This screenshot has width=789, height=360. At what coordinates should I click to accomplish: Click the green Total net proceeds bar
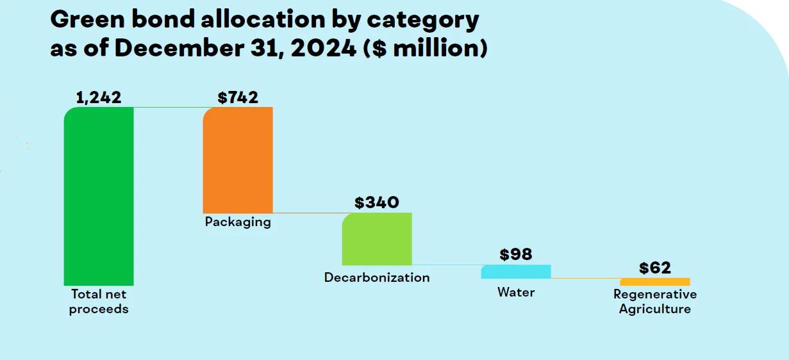pyautogui.click(x=99, y=196)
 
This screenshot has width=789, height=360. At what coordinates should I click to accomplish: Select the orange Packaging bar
pyautogui.click(x=238, y=160)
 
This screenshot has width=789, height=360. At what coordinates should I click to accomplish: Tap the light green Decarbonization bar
pyautogui.click(x=377, y=239)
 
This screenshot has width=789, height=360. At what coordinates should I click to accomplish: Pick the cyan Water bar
pyautogui.click(x=516, y=272)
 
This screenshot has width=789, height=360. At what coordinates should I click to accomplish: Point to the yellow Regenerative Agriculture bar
pyautogui.click(x=655, y=282)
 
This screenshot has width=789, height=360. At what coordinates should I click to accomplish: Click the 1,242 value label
pyautogui.click(x=99, y=97)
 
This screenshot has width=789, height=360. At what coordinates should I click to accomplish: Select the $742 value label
pyautogui.click(x=238, y=97)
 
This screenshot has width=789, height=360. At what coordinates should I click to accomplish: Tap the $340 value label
pyautogui.click(x=377, y=202)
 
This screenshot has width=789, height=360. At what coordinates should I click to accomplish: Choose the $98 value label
pyautogui.click(x=516, y=254)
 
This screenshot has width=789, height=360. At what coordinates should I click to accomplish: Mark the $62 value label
pyautogui.click(x=655, y=268)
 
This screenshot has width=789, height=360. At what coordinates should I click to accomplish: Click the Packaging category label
pyautogui.click(x=238, y=222)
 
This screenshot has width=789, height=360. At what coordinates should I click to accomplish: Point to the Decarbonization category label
pyautogui.click(x=377, y=277)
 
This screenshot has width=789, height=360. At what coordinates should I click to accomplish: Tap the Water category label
pyautogui.click(x=516, y=292)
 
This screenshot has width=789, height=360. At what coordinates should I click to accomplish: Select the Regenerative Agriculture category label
pyautogui.click(x=655, y=302)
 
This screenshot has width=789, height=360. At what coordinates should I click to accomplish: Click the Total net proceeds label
pyautogui.click(x=99, y=302)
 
